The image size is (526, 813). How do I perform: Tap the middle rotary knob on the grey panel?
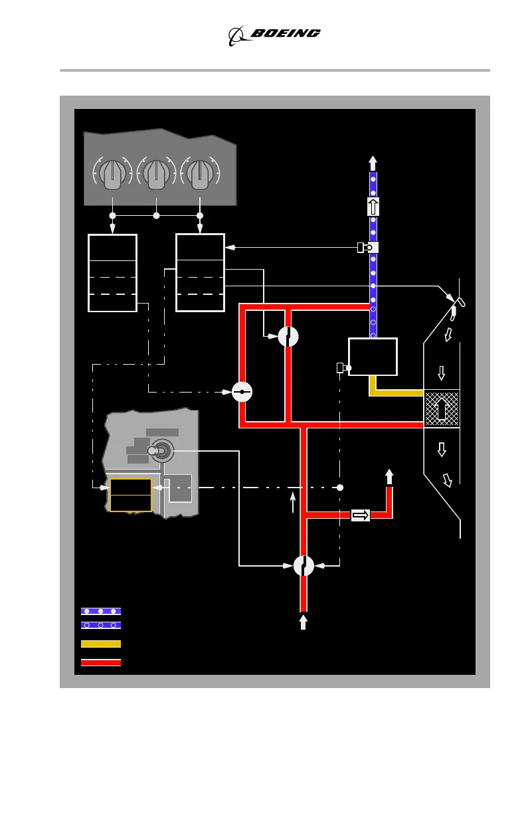click(x=156, y=173)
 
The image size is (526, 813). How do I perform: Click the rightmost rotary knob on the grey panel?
click(x=200, y=173)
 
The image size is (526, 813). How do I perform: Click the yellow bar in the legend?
click(x=101, y=644)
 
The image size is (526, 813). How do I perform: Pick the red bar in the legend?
click(x=101, y=662)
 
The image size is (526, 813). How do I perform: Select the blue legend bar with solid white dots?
click(x=101, y=610)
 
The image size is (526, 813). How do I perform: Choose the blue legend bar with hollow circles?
click(x=101, y=625)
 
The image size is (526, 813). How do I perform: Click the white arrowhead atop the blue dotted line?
click(x=373, y=162)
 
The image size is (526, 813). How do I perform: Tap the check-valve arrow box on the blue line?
click(x=373, y=207)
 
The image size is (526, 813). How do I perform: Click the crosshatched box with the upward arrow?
click(x=442, y=408)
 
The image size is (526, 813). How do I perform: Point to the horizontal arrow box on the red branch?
click(x=361, y=515)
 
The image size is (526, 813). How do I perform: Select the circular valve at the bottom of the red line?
click(x=304, y=566)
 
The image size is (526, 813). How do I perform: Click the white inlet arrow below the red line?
click(x=304, y=622)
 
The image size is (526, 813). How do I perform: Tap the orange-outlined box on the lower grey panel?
click(x=131, y=495)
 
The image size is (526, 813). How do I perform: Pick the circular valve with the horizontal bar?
click(x=242, y=392)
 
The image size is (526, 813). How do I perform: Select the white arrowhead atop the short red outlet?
click(x=389, y=476)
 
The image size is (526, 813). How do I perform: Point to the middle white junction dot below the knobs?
click(x=156, y=216)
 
